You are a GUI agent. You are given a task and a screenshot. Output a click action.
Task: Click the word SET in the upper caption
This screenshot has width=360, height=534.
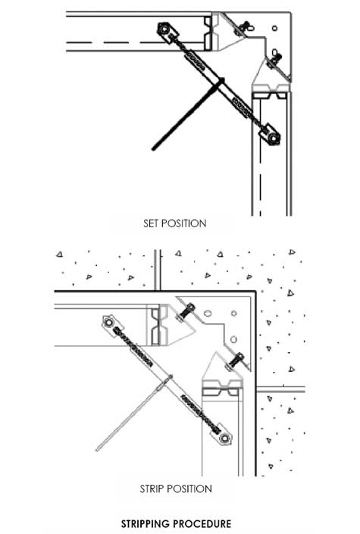[150, 223]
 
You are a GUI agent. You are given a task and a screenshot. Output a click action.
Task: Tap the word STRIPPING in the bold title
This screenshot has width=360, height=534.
[146, 524]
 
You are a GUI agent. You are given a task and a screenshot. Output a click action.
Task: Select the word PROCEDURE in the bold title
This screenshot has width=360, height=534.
[202, 524]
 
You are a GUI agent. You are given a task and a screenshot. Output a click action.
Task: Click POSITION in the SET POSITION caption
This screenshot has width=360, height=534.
[183, 223]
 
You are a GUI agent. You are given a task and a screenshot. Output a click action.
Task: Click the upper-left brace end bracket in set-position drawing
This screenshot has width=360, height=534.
[167, 32]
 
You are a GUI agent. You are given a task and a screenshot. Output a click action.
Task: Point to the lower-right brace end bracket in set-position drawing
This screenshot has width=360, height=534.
[270, 134]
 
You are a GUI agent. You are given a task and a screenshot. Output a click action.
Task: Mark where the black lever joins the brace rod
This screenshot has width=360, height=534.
[221, 81]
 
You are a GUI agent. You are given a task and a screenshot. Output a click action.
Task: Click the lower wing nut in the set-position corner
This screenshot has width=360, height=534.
[273, 57]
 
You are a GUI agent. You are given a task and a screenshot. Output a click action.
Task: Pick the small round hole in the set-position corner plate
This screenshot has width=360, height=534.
[274, 28]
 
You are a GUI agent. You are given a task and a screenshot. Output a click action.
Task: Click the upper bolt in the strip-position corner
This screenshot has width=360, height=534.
[186, 311]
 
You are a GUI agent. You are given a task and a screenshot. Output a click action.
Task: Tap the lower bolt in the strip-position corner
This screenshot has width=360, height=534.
[235, 360]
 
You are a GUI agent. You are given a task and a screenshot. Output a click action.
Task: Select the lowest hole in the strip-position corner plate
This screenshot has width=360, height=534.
[233, 339]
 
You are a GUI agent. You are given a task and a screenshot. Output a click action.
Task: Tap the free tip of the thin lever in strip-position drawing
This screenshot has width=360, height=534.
[97, 450]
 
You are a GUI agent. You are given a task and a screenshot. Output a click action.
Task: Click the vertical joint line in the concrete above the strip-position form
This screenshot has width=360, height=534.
[158, 270]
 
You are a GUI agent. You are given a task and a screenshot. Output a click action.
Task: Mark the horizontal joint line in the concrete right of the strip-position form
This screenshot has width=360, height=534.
[280, 389]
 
